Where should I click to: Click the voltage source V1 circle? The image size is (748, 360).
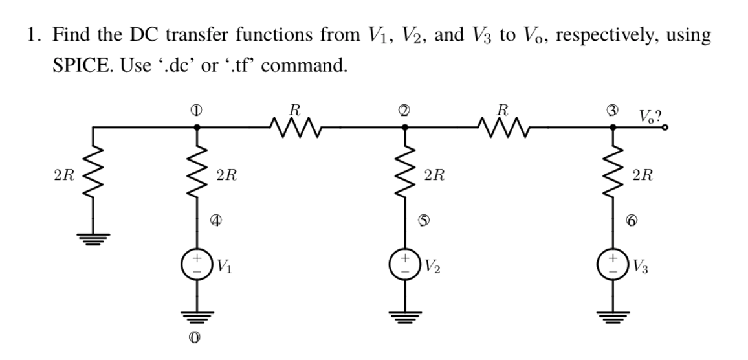pos(197,265)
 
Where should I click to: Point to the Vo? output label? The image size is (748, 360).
pos(650,117)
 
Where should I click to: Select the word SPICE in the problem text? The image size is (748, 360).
pos(79,66)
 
